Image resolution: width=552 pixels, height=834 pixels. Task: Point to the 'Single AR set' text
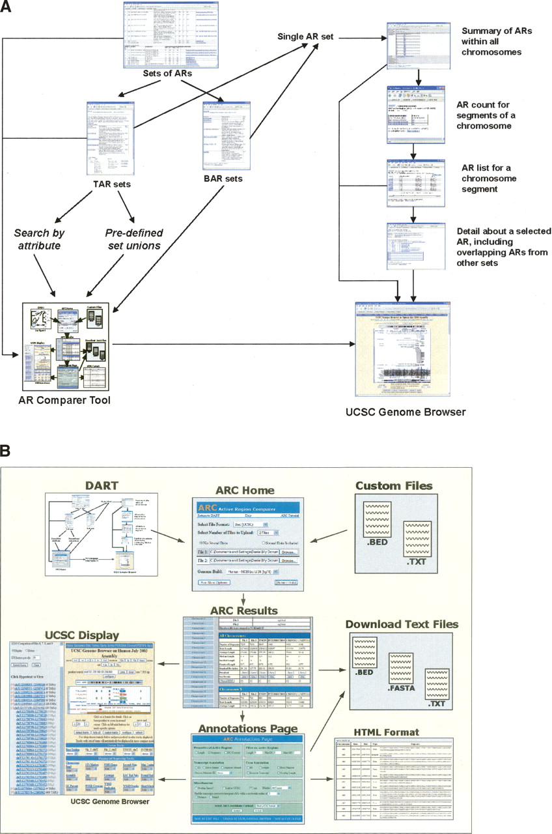point(305,37)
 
